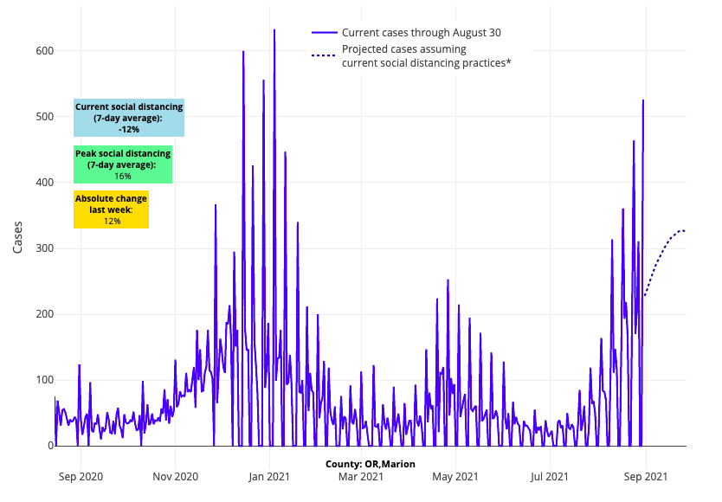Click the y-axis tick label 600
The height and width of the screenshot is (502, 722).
pyautogui.click(x=44, y=51)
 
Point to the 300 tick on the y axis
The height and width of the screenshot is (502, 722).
pyautogui.click(x=44, y=248)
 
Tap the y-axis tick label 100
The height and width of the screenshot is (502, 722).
pyautogui.click(x=44, y=380)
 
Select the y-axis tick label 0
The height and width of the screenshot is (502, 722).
pyautogui.click(x=50, y=446)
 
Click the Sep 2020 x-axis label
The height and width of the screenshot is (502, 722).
pyautogui.click(x=79, y=476)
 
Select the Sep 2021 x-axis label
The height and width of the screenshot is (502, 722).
pyautogui.click(x=645, y=476)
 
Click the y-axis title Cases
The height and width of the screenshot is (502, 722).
pyautogui.click(x=19, y=236)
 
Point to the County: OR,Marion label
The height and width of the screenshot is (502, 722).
pyautogui.click(x=371, y=464)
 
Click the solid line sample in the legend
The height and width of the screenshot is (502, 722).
pyautogui.click(x=324, y=33)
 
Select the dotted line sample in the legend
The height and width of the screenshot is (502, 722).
pyautogui.click(x=324, y=55)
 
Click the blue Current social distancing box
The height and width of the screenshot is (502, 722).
pyautogui.click(x=129, y=118)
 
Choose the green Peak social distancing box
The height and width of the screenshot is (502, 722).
pyautogui.click(x=123, y=164)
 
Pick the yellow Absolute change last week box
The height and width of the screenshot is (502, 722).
pyautogui.click(x=111, y=209)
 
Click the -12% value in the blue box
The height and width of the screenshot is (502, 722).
pyautogui.click(x=129, y=129)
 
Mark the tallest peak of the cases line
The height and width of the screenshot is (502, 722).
pyautogui.click(x=274, y=30)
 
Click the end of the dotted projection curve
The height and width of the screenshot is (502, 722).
pyautogui.click(x=685, y=231)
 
